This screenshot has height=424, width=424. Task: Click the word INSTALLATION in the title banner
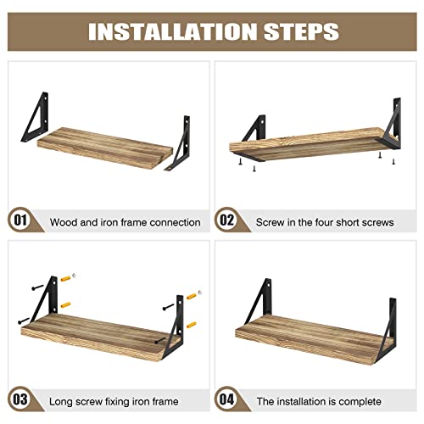(172, 31)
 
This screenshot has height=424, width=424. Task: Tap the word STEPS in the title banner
(301, 31)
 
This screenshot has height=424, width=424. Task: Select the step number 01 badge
(20, 220)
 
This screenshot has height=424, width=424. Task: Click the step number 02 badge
(227, 220)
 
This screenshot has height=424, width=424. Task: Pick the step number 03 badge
(20, 399)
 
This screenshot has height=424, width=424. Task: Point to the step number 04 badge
(227, 399)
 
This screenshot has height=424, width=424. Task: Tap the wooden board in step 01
(104, 148)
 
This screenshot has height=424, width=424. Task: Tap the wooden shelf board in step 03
(99, 337)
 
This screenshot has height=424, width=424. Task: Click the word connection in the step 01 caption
(175, 222)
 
